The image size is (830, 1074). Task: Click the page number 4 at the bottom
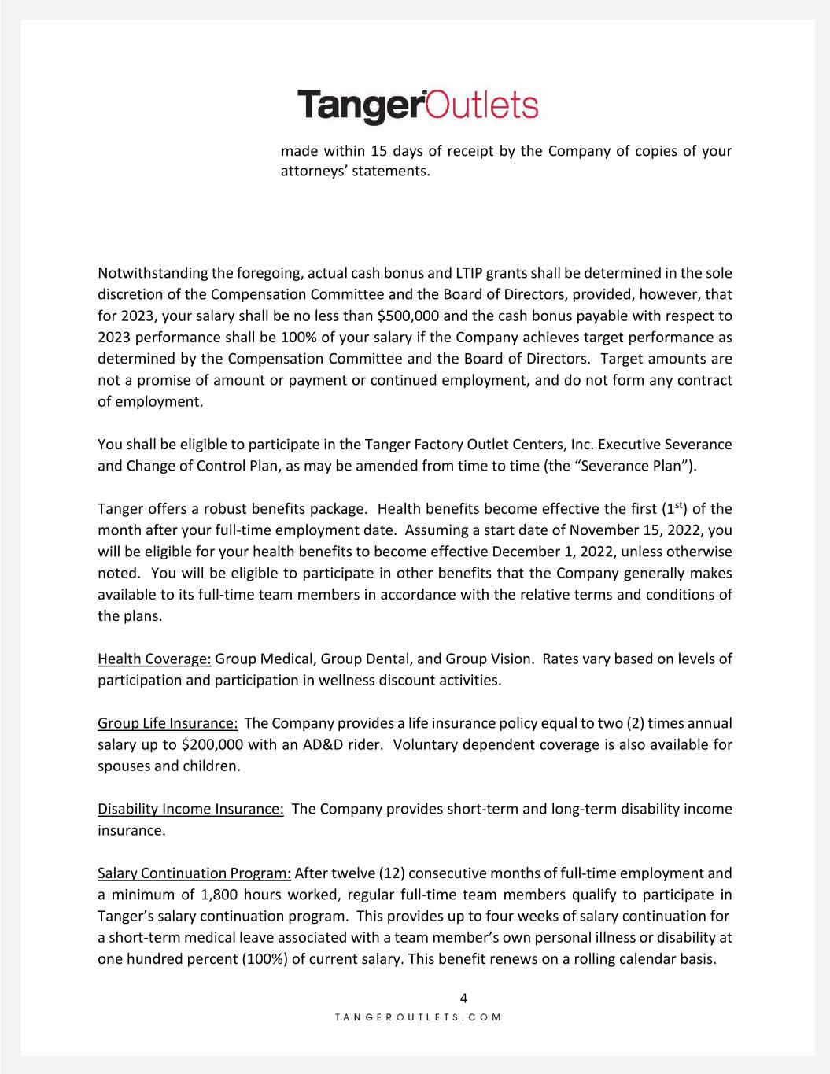point(463,998)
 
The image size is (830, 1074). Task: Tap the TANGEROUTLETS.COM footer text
point(418,1017)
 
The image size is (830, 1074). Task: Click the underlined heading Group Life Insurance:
point(168,723)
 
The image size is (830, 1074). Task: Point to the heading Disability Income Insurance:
point(190,809)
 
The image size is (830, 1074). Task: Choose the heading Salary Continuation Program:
point(194,873)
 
